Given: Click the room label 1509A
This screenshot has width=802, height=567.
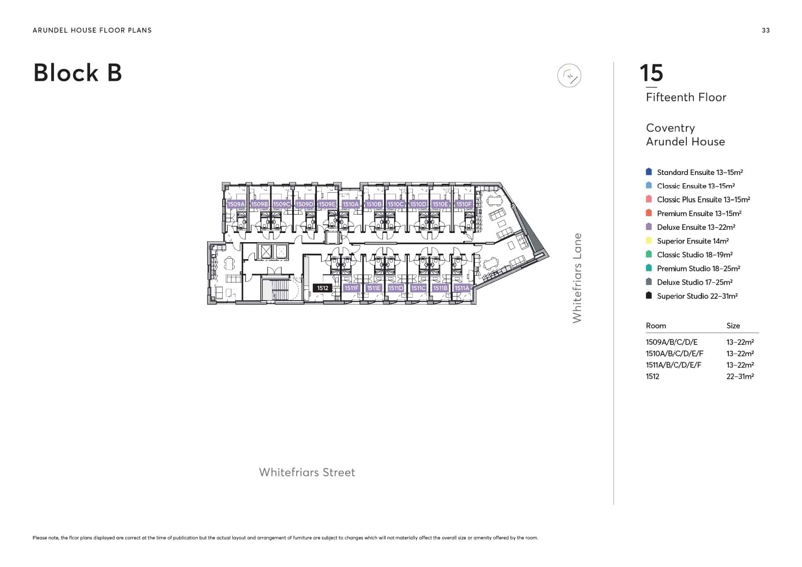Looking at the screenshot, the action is click(x=236, y=204).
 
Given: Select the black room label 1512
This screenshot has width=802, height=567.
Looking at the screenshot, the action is click(x=323, y=288).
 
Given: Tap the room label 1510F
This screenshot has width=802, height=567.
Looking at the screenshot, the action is click(x=463, y=204).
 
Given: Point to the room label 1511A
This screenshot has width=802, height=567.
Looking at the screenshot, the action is click(x=462, y=288).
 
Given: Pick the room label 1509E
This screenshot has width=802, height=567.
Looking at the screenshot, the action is click(x=327, y=204).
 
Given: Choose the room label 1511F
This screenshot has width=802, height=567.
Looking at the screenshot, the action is click(x=352, y=288).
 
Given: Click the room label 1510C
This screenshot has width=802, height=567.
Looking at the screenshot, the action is click(x=396, y=204).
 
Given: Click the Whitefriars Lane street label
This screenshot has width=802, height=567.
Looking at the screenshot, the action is click(x=577, y=278).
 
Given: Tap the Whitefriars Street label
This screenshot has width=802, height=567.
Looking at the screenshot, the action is click(x=307, y=472).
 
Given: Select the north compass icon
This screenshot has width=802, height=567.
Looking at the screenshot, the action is click(x=569, y=76).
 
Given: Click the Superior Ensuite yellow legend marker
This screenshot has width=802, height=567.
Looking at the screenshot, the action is click(x=648, y=241).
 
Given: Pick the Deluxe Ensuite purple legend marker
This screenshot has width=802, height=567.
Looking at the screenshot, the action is click(x=648, y=227).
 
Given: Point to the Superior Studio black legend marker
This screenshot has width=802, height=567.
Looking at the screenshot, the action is click(x=648, y=296).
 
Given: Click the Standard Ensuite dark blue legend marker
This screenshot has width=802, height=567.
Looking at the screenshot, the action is click(x=648, y=172).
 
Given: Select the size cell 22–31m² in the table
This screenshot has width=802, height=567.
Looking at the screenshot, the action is click(x=740, y=376).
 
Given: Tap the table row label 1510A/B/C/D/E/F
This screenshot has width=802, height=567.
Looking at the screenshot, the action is click(x=674, y=354).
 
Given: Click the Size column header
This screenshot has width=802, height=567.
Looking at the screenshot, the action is click(x=733, y=326).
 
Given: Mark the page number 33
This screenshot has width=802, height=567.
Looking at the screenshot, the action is click(x=765, y=30).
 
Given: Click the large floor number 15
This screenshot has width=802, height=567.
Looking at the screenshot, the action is click(x=651, y=73).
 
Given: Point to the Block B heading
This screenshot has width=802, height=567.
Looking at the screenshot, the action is click(x=78, y=73).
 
